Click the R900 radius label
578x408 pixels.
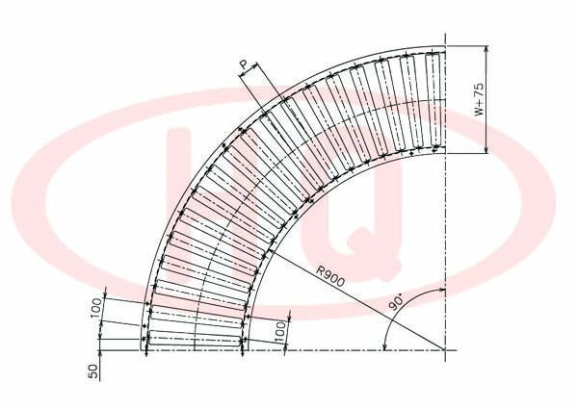coord(331,276)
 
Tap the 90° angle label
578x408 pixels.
coord(397,303)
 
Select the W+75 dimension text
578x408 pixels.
coord(479,99)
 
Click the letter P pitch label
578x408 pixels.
coord(244,65)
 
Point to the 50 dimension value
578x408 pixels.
coord(94,371)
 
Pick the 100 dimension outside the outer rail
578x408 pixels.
coord(95,308)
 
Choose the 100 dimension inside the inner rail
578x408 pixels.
coord(280,331)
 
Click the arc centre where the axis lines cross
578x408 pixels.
coord(445,350)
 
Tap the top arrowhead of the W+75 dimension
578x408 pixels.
coord(486,50)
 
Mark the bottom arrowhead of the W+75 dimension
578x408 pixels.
coord(486,149)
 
